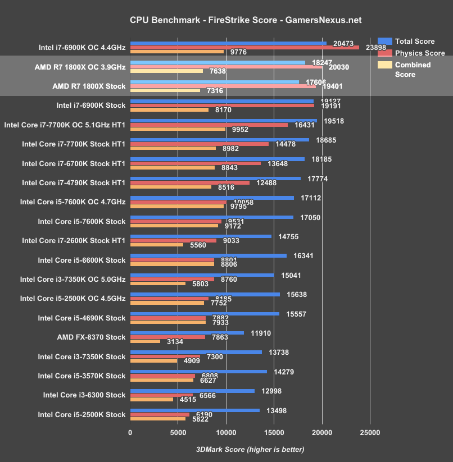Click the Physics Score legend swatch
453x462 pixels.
(385, 53)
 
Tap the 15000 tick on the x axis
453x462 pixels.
(274, 433)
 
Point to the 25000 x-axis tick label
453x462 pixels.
(369, 433)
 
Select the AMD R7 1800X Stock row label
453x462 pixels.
(88, 85)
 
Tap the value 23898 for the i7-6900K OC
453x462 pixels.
(376, 48)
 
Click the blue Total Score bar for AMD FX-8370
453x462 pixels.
(187, 332)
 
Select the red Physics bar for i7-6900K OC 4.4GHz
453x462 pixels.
(244, 47)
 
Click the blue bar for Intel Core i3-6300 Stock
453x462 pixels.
(192, 391)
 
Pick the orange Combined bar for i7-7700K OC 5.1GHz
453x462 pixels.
(178, 129)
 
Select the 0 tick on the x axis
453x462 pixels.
(130, 433)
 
